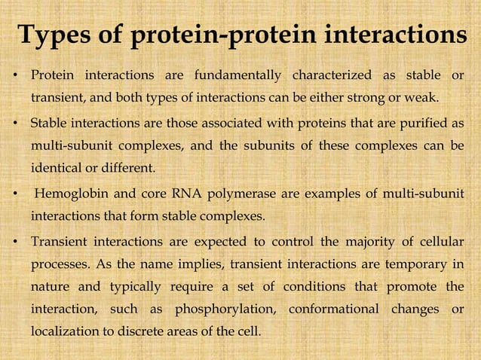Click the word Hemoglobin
click(x=71, y=196)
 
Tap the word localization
click(x=63, y=331)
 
